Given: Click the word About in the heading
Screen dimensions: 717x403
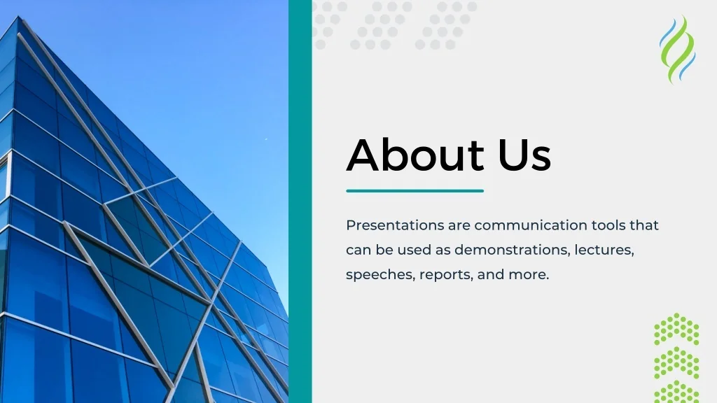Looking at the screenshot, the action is pos(415,155).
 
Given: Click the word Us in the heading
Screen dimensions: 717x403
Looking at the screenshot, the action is pos(524,155).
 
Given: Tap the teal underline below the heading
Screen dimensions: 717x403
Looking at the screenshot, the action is pos(415,191).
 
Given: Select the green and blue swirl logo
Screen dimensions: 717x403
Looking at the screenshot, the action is pos(677,50).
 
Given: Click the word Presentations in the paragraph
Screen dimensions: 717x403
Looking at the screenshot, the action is pos(395,225).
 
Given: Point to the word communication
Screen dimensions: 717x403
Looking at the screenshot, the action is pos(531,225).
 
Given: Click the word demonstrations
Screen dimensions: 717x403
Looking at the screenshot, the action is pos(512,250).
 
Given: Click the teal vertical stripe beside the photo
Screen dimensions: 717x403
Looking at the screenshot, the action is pos(300,201).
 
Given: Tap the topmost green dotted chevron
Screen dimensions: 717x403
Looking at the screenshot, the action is pos(676,329).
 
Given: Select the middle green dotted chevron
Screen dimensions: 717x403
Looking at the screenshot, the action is pos(676,363).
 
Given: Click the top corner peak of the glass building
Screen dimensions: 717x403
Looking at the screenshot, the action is pos(19,17).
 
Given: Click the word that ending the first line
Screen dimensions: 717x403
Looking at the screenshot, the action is pos(644,225).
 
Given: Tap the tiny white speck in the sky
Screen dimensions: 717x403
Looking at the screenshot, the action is pos(266,139).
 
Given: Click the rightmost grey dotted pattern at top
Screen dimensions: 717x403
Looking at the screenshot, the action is pos(446,25).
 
